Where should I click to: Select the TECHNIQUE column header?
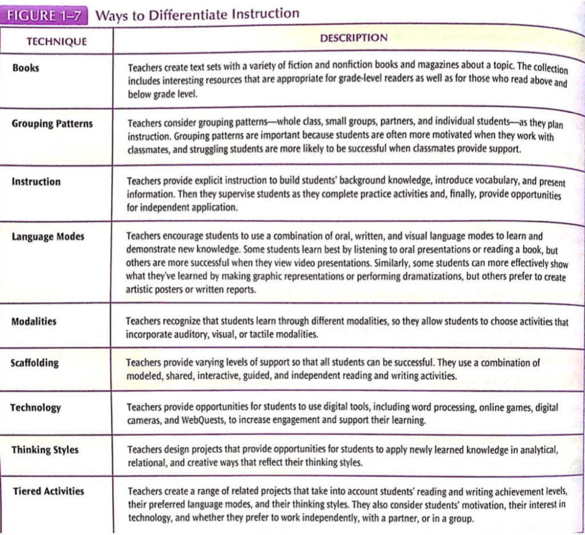coord(57,41)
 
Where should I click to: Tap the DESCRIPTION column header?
coord(353,38)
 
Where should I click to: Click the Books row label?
coord(26,68)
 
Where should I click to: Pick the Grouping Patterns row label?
coord(52,124)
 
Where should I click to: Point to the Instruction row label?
coord(36,182)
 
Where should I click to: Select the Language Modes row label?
coord(48,237)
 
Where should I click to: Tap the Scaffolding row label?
coord(34,363)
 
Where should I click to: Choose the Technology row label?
coord(35,408)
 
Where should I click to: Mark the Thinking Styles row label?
coord(45,450)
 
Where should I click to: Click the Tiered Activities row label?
coord(48,491)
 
